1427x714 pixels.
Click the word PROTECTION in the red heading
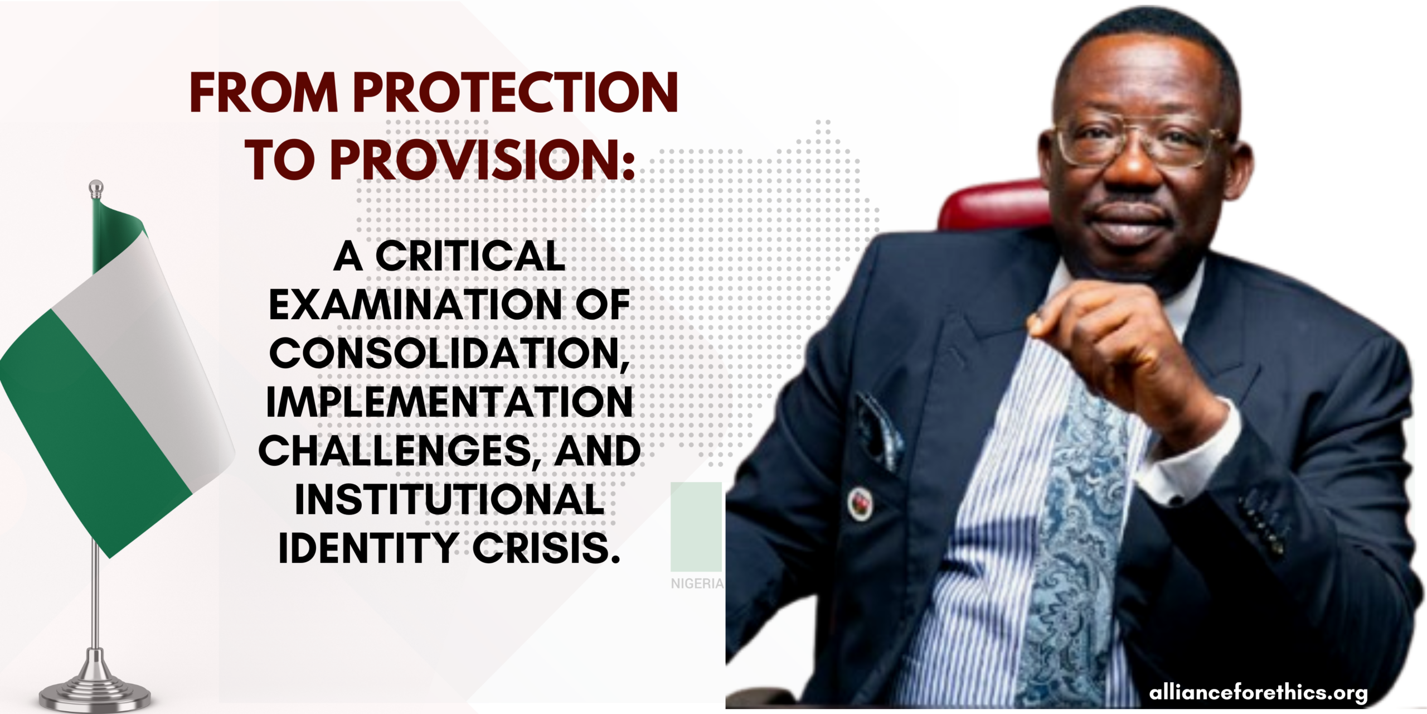516,93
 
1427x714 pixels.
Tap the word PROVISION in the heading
483,160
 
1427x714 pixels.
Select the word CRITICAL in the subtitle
470,257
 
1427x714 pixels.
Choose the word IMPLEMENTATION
449,402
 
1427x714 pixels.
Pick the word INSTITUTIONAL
449,500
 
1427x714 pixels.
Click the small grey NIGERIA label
697,583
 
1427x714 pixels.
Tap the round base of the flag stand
95,694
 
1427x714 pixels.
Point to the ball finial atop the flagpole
96,186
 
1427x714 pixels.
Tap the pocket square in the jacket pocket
881,430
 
